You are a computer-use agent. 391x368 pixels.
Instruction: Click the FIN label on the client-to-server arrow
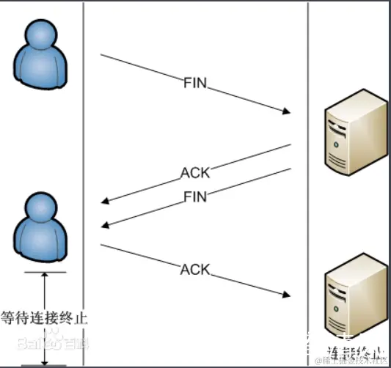click(195, 83)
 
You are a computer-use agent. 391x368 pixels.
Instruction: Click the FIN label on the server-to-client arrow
click(194, 196)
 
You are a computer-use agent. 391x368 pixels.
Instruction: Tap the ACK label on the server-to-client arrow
click(195, 174)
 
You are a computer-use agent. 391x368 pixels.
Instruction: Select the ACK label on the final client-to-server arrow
click(195, 270)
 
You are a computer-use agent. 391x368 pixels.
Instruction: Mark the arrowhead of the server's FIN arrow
click(105, 225)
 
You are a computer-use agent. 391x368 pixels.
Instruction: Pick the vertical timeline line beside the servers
click(308, 183)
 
